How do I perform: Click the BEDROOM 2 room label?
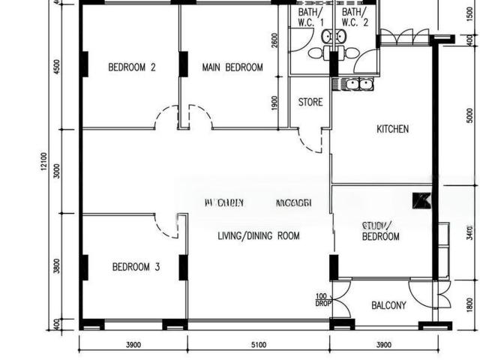[132, 67]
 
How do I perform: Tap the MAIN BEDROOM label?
[232, 67]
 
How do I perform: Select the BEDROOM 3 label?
[136, 266]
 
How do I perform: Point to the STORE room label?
[310, 102]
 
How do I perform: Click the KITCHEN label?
[392, 129]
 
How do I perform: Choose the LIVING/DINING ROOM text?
[258, 235]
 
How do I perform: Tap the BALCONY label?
[388, 305]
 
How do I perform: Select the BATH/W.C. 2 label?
[355, 18]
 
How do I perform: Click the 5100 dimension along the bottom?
[257, 345]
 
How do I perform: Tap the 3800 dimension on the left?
[57, 266]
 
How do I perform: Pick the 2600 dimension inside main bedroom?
[275, 41]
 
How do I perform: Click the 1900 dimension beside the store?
[275, 103]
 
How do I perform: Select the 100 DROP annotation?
[322, 300]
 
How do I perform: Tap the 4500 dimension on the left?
[57, 67]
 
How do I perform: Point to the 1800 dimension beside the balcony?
[469, 304]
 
